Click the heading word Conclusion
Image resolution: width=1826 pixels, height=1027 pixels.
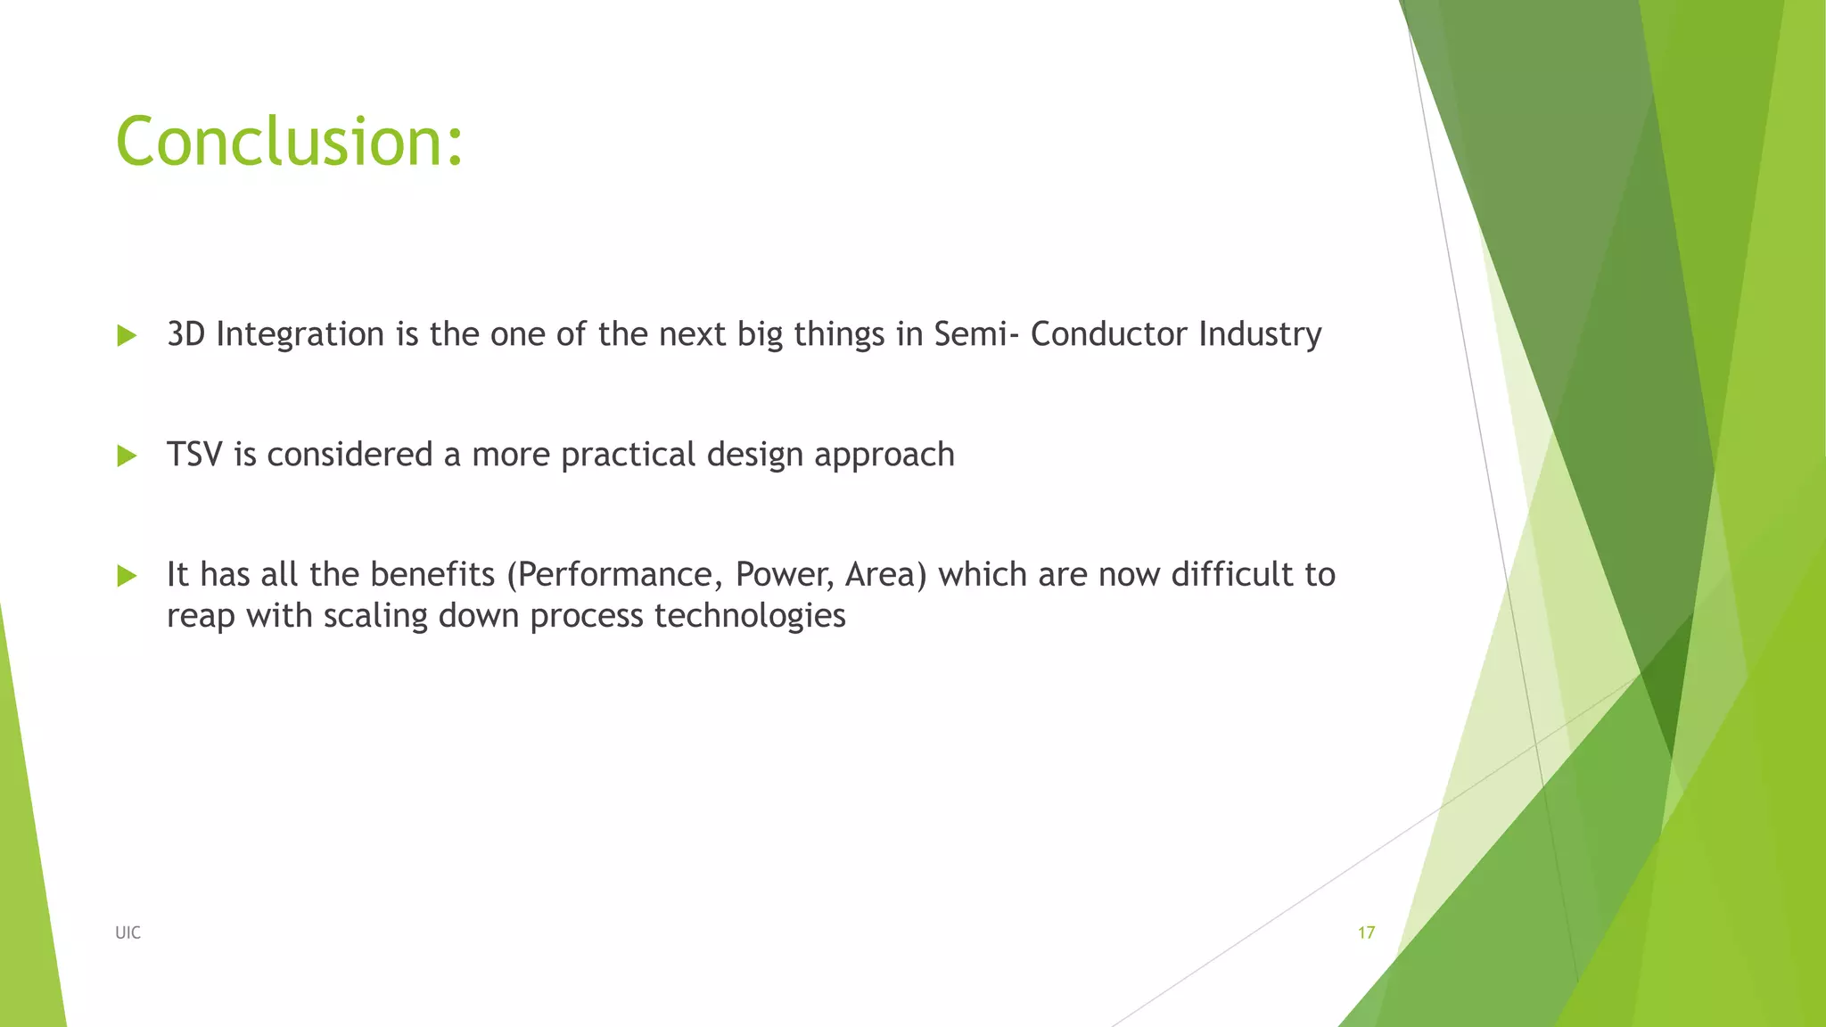pyautogui.click(x=289, y=142)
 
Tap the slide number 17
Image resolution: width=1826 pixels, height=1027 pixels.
pyautogui.click(x=1366, y=933)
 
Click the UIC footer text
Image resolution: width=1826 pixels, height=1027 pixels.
pyautogui.click(x=127, y=933)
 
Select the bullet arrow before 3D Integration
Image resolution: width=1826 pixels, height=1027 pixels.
pyautogui.click(x=127, y=336)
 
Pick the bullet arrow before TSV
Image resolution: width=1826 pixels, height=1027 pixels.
pyautogui.click(x=127, y=456)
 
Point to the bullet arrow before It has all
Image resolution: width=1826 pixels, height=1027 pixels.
pyautogui.click(x=127, y=576)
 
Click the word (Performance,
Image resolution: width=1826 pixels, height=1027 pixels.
pyautogui.click(x=614, y=575)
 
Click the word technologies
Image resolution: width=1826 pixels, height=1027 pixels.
pyautogui.click(x=749, y=616)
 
